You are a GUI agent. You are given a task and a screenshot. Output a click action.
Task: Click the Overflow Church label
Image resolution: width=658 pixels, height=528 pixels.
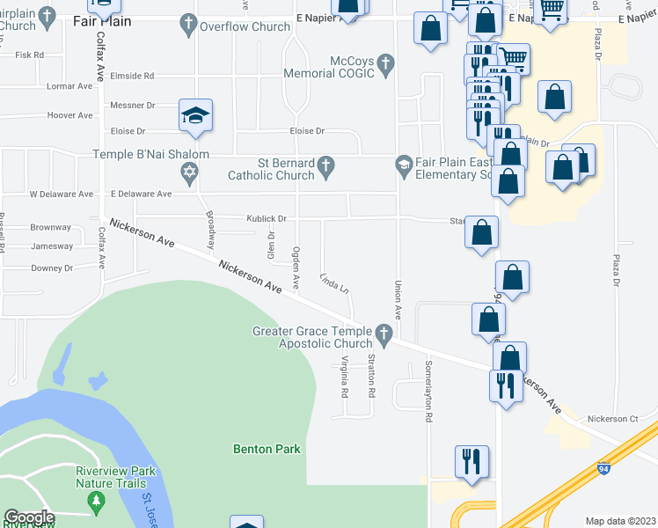(245, 26)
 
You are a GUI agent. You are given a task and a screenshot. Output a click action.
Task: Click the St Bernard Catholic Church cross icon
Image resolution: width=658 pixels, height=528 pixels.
(325, 165)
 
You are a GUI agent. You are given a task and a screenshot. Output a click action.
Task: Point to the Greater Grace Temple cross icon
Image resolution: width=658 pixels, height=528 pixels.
(383, 334)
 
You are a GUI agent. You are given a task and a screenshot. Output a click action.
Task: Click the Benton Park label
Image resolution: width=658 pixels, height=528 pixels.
(267, 449)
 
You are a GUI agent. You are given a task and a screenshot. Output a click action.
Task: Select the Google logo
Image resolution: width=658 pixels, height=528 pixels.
(29, 517)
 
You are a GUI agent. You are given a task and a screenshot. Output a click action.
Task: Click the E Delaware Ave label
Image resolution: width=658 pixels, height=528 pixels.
(142, 194)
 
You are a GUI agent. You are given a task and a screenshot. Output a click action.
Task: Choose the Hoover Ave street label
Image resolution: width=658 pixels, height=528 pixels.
(70, 115)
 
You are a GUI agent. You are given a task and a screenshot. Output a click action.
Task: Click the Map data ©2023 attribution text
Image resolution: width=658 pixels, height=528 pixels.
(619, 521)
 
